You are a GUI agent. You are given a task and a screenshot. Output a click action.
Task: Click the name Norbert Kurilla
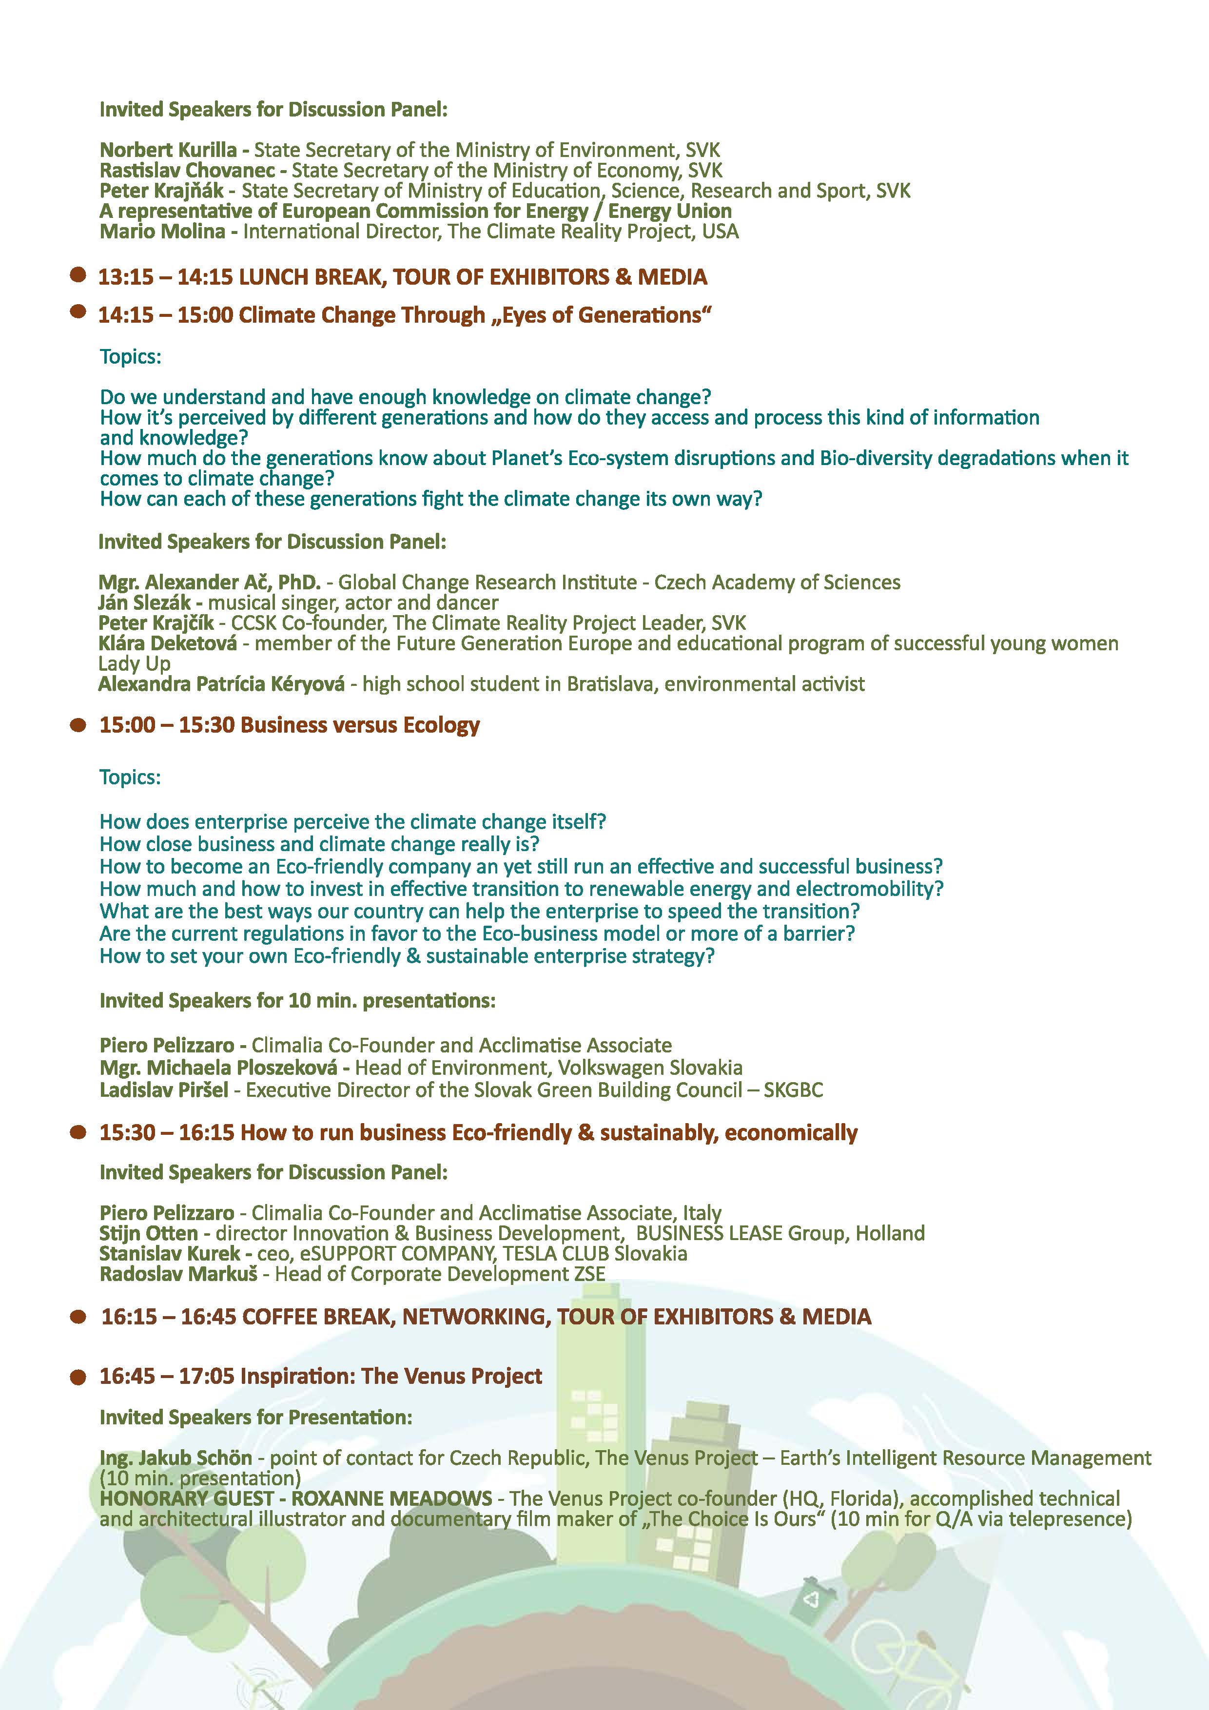click(168, 151)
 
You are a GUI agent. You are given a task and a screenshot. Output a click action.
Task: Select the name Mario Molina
click(162, 232)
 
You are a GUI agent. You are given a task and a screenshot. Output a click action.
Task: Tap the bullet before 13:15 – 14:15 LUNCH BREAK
click(78, 275)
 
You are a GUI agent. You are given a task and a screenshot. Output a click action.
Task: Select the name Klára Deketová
click(168, 643)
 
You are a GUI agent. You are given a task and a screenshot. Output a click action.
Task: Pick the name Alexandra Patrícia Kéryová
click(221, 684)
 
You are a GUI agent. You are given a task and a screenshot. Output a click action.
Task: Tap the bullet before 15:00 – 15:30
click(78, 725)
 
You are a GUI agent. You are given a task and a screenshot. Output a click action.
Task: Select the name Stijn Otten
click(149, 1233)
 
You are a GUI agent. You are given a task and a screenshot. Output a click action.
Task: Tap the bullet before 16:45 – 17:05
click(78, 1377)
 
